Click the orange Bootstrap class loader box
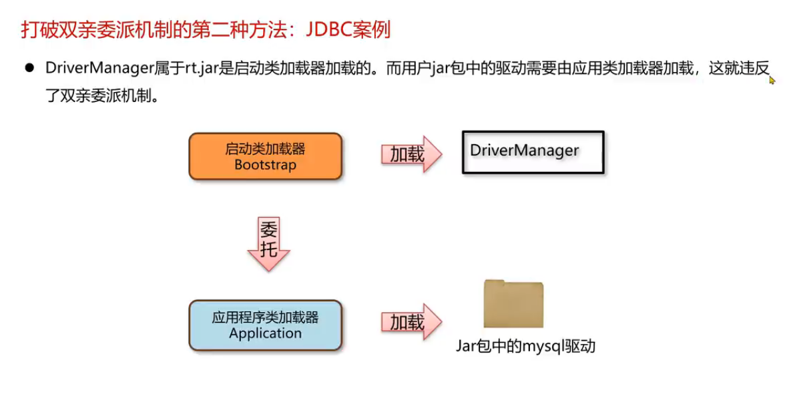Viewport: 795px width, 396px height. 265,157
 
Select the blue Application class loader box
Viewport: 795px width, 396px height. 265,325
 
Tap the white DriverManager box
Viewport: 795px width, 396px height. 533,152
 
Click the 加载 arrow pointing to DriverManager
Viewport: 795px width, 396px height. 411,155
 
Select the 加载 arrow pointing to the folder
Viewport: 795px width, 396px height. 411,323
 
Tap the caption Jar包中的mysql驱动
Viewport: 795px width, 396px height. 525,346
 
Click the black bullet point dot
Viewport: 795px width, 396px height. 29,68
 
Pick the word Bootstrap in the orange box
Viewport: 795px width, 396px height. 265,165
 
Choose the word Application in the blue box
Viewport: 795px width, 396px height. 265,333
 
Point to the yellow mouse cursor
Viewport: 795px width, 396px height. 772,80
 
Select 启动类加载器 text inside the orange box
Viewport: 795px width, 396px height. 265,149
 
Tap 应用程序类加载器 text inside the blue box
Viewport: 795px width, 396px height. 265,317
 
